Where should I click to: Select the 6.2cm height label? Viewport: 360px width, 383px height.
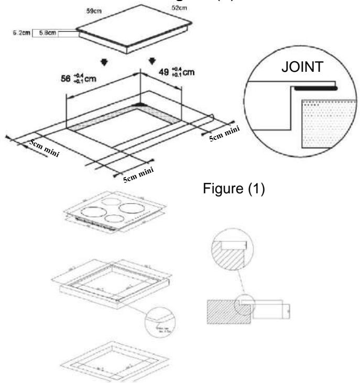point(20,33)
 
